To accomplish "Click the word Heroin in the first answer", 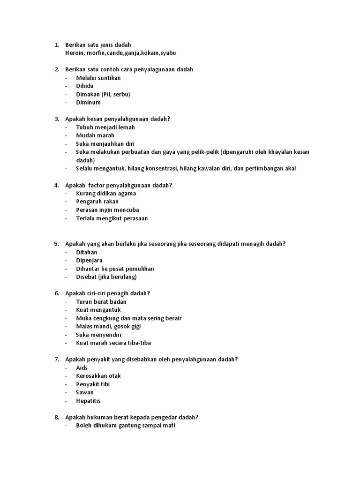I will [x=74, y=53].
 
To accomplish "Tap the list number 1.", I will [x=56, y=45].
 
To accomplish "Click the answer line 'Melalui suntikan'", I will [x=98, y=78].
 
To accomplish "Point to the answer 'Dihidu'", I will [x=85, y=86].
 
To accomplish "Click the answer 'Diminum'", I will [x=88, y=103].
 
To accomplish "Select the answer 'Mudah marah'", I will [x=95, y=135].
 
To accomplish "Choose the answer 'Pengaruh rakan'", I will [x=97, y=202].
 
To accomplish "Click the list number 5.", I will [x=56, y=244].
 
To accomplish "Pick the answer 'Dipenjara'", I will [x=89, y=260].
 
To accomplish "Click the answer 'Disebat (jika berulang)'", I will [x=106, y=277].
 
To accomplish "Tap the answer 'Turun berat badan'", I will [x=101, y=302].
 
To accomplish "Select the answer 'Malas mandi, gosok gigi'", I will [x=108, y=326].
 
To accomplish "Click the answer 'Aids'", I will [x=82, y=368].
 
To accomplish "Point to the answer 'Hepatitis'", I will [x=88, y=401].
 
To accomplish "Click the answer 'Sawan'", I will [x=85, y=392].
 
